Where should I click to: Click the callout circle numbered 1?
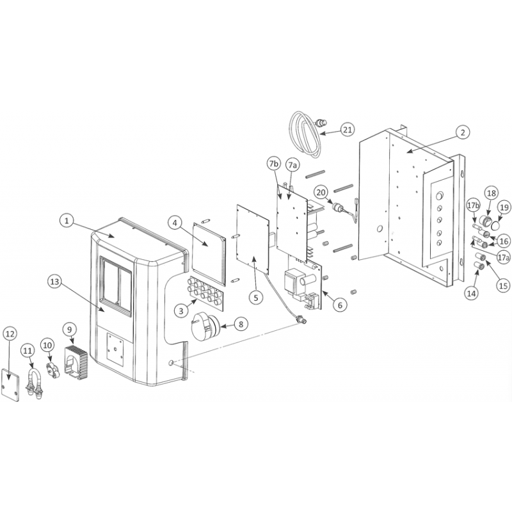(67, 221)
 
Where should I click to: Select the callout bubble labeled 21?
(348, 130)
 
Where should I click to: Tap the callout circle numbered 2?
(463, 133)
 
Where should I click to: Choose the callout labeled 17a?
(503, 258)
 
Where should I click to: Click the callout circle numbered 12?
(10, 333)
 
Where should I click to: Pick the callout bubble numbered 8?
(241, 324)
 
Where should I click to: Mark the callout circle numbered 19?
(504, 207)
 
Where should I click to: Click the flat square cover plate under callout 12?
(10, 385)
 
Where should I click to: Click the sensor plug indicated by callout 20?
(337, 207)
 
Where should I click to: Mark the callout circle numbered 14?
(472, 293)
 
